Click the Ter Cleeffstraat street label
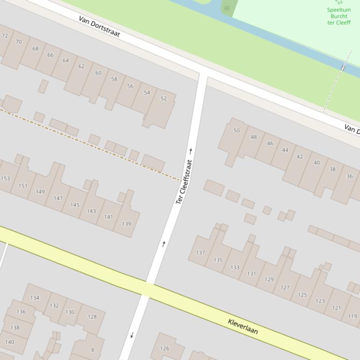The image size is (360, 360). (184, 182)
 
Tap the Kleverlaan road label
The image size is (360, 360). (242, 326)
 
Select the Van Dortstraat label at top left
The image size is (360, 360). (99, 27)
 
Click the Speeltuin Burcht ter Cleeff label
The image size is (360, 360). (338, 16)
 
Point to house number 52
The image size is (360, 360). (163, 99)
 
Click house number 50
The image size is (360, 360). (236, 131)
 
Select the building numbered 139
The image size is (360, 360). (126, 224)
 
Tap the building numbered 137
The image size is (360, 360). (200, 253)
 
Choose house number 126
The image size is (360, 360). (164, 348)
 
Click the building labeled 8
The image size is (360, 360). (92, 350)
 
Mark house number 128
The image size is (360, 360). (92, 317)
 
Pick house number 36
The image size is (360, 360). (349, 176)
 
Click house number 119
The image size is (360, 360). (352, 316)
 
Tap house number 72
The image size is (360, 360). (5, 36)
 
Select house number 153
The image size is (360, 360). (5, 179)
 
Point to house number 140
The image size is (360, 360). (9, 342)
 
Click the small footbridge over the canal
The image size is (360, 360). (343, 68)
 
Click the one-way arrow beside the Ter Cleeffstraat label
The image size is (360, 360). (191, 151)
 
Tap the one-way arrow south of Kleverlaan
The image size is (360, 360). (132, 335)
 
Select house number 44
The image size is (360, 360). (285, 150)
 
